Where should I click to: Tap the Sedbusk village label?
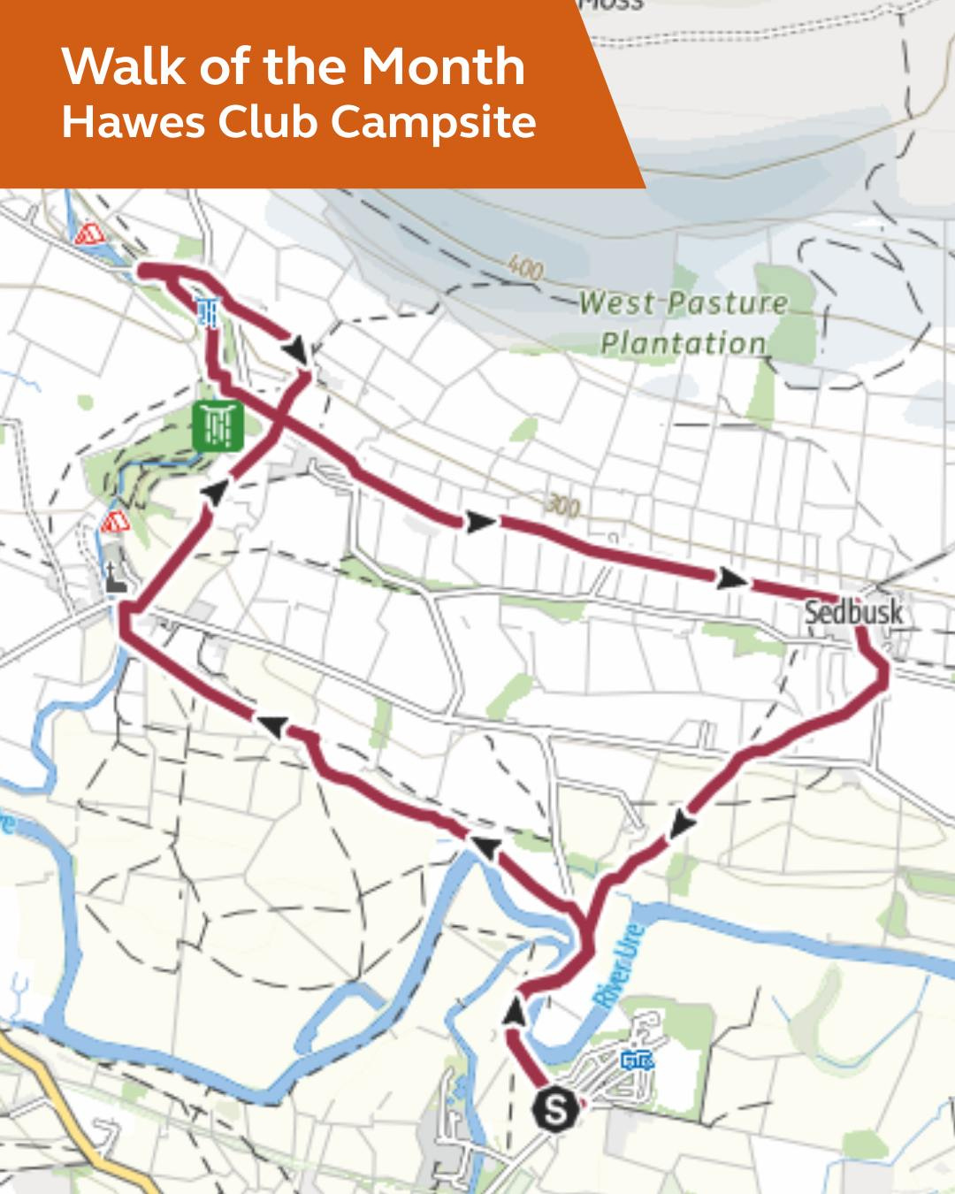point(853,611)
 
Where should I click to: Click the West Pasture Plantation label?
point(684,323)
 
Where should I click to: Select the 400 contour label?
point(525,268)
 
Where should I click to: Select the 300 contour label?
point(562,505)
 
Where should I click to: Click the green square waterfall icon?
point(217,425)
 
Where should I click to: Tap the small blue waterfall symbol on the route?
point(209,310)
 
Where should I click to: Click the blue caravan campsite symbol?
point(637,1060)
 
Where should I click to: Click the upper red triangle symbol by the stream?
point(87,234)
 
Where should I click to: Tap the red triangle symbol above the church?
point(113,522)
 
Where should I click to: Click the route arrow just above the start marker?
point(514,1011)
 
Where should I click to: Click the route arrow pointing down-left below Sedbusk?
point(680,824)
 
